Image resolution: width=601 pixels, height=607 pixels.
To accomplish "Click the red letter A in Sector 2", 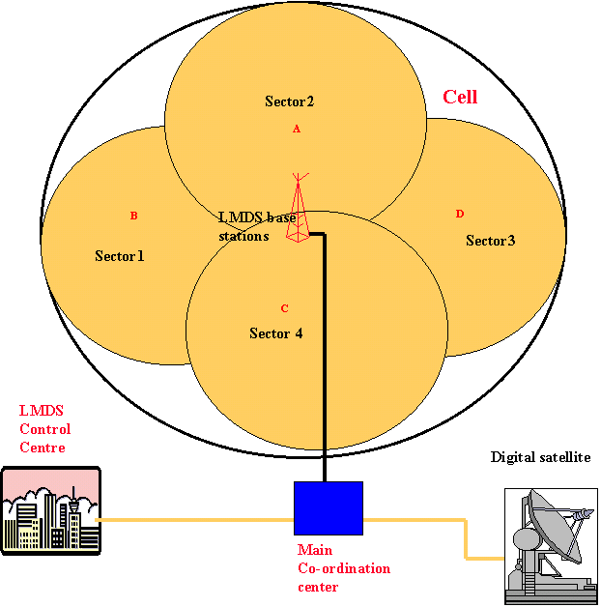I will [297, 129].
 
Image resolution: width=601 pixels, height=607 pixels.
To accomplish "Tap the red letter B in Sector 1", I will [134, 216].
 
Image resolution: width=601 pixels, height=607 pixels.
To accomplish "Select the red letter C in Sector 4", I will [284, 309].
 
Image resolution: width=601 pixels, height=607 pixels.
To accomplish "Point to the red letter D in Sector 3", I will [460, 214].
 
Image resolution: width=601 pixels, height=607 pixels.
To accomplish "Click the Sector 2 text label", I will [290, 101].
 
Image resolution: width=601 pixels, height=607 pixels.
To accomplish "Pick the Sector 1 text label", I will [120, 256].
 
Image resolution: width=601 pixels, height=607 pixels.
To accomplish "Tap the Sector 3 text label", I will [490, 240].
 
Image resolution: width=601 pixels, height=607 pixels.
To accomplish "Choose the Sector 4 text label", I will [276, 333].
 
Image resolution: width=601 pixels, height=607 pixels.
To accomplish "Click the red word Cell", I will [460, 98].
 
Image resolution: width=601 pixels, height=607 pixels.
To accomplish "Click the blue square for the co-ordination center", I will [329, 508].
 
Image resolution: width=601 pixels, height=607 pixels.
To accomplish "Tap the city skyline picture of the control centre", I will [51, 510].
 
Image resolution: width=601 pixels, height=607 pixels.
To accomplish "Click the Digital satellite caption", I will [540, 457].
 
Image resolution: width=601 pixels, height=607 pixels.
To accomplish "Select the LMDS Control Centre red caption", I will [44, 429].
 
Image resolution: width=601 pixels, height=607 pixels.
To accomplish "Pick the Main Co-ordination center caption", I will [343, 568].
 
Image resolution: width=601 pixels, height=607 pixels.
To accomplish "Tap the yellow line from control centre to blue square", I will [193, 520].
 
